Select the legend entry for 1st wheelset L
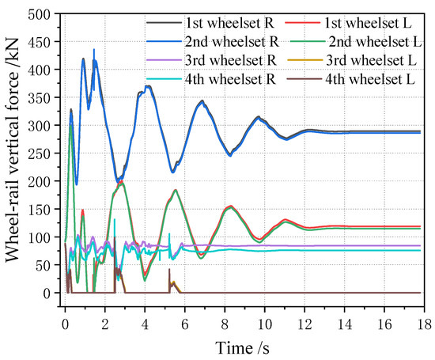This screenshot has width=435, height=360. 363,21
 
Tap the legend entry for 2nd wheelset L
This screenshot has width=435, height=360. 365,39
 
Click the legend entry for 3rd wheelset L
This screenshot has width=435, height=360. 363,58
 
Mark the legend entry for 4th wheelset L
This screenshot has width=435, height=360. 363,77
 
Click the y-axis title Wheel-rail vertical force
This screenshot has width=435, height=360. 16,166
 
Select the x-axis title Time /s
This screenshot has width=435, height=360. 243,346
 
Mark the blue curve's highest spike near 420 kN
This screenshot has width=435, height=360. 94,50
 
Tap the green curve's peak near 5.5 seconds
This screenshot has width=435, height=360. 175,190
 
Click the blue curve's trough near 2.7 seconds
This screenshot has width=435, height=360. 119,182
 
